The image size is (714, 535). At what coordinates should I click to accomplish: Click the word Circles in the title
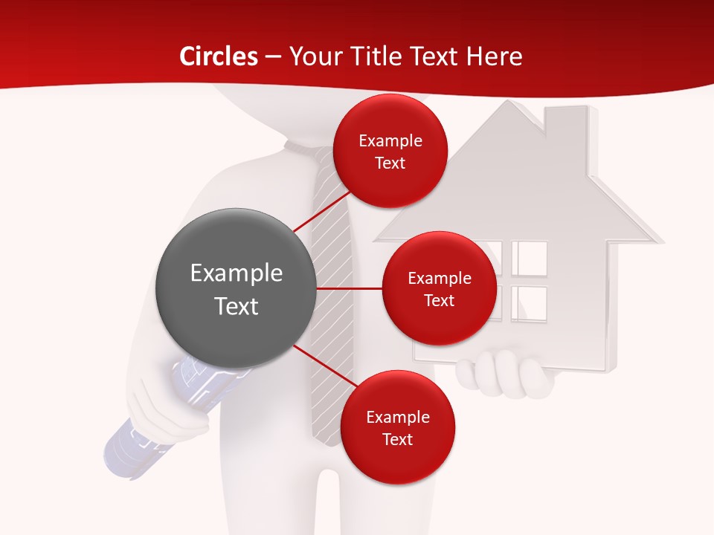[x=219, y=56]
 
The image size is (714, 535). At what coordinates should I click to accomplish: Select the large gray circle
[x=237, y=288]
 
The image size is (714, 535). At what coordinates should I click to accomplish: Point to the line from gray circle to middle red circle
[x=350, y=288]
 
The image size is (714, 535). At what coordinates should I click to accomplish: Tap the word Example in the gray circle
[x=237, y=273]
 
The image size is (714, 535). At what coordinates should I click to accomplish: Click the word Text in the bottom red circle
[x=397, y=440]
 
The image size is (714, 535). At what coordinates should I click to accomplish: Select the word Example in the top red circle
[x=390, y=141]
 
